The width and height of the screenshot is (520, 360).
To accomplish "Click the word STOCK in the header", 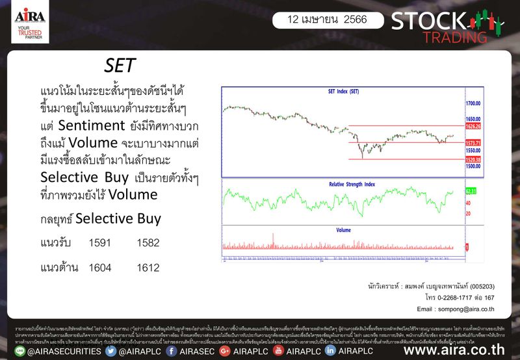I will (423, 21).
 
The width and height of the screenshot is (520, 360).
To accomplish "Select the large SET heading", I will (120, 66).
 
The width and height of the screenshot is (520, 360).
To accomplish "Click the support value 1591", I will (100, 242).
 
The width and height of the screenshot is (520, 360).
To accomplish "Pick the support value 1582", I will (148, 242).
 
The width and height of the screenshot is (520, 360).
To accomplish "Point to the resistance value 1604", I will (100, 267).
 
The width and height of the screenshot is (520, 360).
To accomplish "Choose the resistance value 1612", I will (148, 267).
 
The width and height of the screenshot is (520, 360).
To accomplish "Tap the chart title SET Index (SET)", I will (343, 92).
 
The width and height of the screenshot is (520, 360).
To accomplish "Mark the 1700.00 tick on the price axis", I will (473, 103).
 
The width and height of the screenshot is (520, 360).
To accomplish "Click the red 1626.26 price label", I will (473, 126).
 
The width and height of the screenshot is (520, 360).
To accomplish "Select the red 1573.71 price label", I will (473, 142).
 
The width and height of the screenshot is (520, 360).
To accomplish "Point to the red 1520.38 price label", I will (473, 159).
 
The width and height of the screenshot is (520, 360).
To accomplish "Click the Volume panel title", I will (343, 230).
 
